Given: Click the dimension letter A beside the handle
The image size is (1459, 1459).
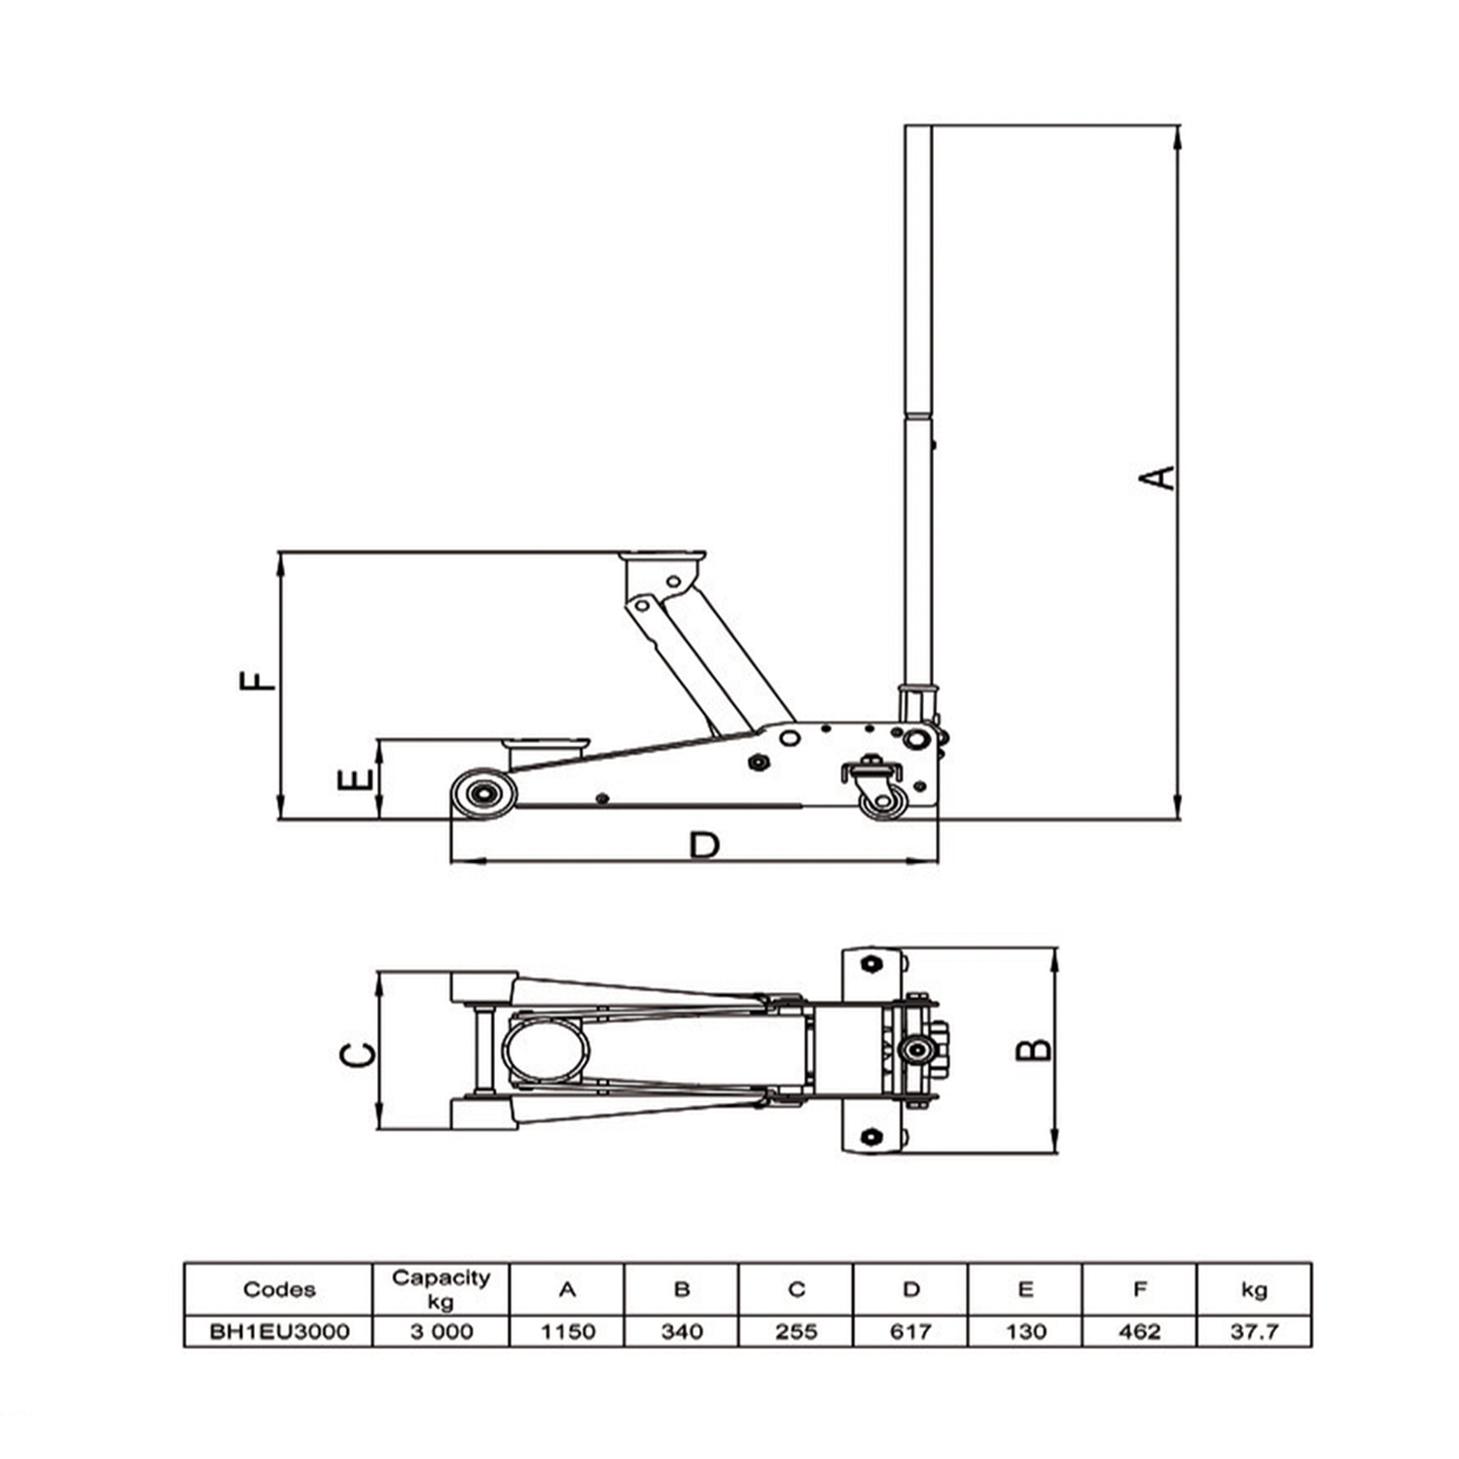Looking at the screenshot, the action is pyautogui.click(x=1157, y=478).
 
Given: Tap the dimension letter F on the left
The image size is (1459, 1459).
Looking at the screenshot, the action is pyautogui.click(x=258, y=678).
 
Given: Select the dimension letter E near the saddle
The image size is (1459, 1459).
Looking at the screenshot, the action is pyautogui.click(x=355, y=779).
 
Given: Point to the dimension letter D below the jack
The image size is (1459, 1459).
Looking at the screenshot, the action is pyautogui.click(x=704, y=845).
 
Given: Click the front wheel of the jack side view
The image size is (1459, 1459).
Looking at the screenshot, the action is pyautogui.click(x=482, y=793).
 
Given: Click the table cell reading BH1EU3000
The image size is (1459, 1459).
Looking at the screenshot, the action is pyautogui.click(x=278, y=1331).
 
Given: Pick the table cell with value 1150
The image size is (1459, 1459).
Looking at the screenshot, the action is pyautogui.click(x=567, y=1331).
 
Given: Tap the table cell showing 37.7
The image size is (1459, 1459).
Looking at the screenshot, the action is pyautogui.click(x=1254, y=1331).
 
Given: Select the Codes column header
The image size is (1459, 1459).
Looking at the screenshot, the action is pyautogui.click(x=278, y=1289).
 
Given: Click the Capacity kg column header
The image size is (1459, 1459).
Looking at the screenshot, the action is pyautogui.click(x=441, y=1289).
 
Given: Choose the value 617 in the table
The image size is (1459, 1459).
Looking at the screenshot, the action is pyautogui.click(x=910, y=1331).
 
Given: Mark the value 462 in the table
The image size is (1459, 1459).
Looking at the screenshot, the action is pyautogui.click(x=1139, y=1331).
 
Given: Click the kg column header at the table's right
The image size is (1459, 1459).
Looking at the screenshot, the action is pyautogui.click(x=1254, y=1289).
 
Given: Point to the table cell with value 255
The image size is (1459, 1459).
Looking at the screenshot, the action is pyautogui.click(x=796, y=1331).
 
